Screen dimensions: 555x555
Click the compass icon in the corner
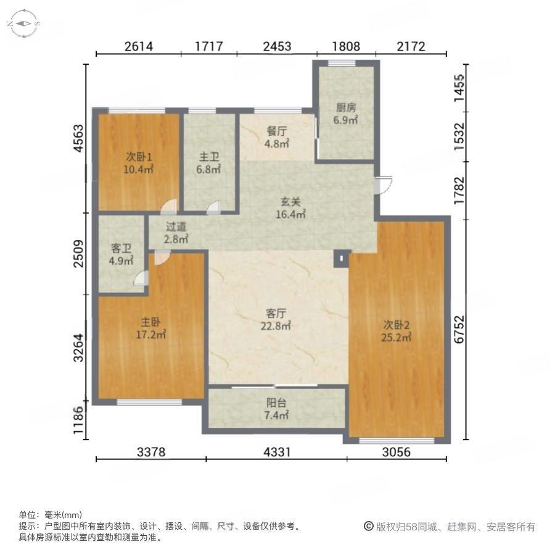click(23, 23)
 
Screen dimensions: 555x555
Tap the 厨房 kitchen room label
click(346, 113)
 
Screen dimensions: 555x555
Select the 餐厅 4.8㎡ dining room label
click(277, 138)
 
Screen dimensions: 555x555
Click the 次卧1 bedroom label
click(138, 163)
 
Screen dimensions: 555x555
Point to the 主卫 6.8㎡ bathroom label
click(209, 163)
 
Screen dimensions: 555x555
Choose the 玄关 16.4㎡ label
click(290, 208)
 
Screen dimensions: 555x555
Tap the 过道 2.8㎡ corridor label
click(176, 232)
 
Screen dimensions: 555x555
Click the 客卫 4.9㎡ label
click(121, 255)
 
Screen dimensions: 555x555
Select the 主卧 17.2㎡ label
click(151, 328)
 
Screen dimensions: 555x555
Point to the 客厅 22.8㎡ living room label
click(276, 319)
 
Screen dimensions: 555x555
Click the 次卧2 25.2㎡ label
click(396, 331)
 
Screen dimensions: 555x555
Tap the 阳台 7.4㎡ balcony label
click(276, 409)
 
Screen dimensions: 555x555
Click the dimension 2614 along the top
click(138, 46)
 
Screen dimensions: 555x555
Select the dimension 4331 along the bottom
click(277, 452)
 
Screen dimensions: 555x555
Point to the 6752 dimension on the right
click(459, 329)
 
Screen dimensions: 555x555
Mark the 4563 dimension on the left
click(79, 138)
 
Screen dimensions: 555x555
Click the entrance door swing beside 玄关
click(384, 184)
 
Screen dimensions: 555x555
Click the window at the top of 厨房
click(342, 63)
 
